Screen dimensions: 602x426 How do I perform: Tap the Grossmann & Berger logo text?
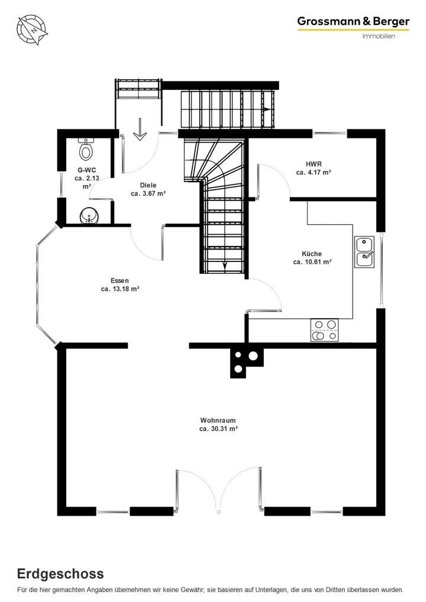pos(353,21)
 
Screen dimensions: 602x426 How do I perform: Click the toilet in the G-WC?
pos(86,151)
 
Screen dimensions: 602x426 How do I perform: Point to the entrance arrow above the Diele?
pos(140,130)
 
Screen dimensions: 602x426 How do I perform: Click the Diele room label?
pos(148,185)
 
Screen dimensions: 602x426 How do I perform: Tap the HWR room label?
pos(313,164)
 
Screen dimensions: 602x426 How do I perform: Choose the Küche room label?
pos(312,253)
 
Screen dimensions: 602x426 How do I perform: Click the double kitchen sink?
pos(364,251)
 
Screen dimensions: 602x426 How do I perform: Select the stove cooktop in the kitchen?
pos(325,330)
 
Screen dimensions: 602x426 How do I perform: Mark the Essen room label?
pos(120,280)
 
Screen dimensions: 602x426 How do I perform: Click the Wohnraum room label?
pos(218,420)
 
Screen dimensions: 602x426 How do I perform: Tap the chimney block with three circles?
pos(244,361)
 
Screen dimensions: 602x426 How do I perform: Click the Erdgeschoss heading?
pos(60,574)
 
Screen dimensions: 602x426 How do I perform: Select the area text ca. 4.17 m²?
pos(313,173)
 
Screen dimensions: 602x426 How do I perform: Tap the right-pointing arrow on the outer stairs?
pos(266,110)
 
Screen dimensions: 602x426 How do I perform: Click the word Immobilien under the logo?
pos(379,36)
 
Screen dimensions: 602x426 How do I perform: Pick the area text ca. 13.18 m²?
pos(120,289)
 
